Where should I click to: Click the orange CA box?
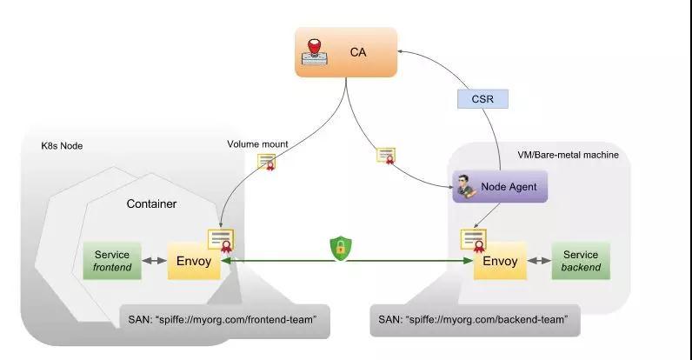[x=346, y=52]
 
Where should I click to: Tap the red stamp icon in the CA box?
[x=315, y=52]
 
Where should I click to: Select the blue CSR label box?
[x=482, y=99]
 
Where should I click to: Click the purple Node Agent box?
[x=500, y=187]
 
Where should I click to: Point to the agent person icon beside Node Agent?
[x=466, y=186]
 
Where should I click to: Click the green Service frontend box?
[x=112, y=261]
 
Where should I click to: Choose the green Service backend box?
[x=581, y=261]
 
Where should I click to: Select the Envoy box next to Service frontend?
[x=194, y=261]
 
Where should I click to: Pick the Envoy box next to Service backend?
[x=500, y=261]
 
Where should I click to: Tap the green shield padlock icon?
[x=341, y=249]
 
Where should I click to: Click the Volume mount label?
[x=257, y=144]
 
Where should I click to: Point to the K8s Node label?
[x=62, y=146]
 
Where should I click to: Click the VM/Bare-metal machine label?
[x=568, y=155]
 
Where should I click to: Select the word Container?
[x=151, y=203]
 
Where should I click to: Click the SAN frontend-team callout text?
[x=223, y=319]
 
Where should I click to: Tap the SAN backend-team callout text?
[x=473, y=319]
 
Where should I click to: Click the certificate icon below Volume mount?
[x=267, y=162]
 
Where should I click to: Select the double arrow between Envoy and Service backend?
[x=539, y=261]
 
